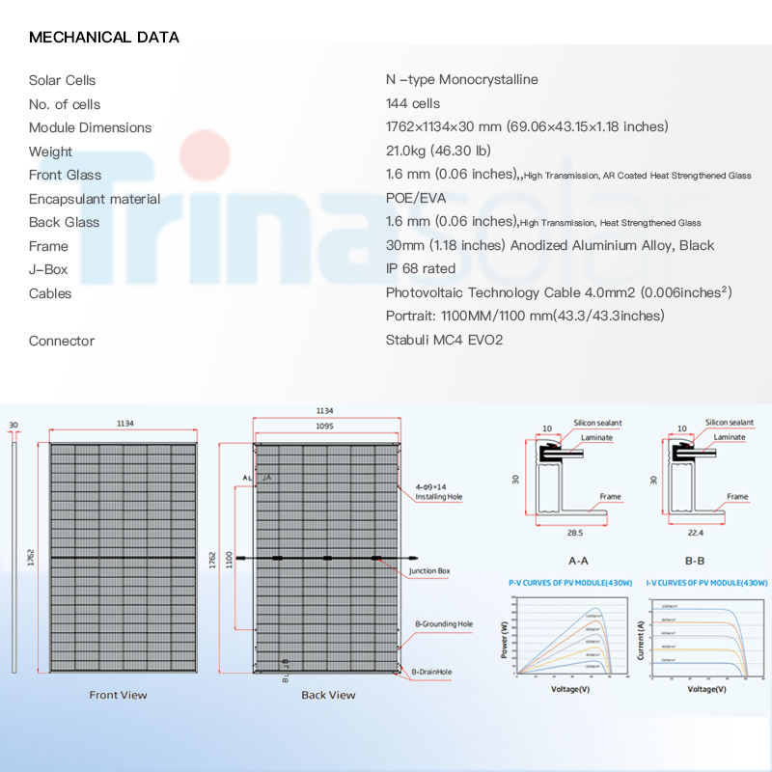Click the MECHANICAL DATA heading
(x=104, y=38)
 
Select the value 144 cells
(x=412, y=103)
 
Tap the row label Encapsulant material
(x=95, y=199)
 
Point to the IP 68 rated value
(x=420, y=268)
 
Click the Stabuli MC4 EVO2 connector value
(x=444, y=341)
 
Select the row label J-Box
(x=48, y=268)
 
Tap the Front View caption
(x=118, y=695)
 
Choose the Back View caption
(x=328, y=695)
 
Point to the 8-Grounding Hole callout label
(x=443, y=624)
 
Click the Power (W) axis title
(x=504, y=640)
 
